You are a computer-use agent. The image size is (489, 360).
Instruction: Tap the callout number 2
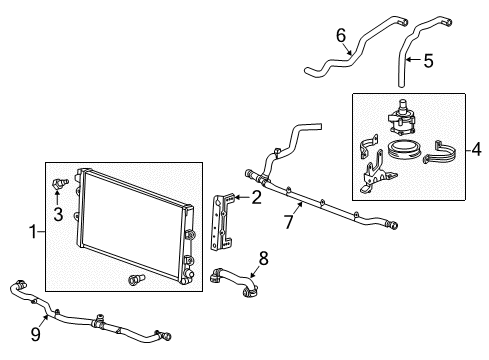click(x=257, y=198)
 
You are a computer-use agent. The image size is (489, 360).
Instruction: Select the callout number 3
click(x=57, y=213)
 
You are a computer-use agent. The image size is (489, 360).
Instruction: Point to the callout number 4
click(x=476, y=152)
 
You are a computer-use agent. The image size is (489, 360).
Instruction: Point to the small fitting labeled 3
click(x=61, y=183)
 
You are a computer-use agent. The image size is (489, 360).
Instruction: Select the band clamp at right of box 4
click(x=441, y=156)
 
